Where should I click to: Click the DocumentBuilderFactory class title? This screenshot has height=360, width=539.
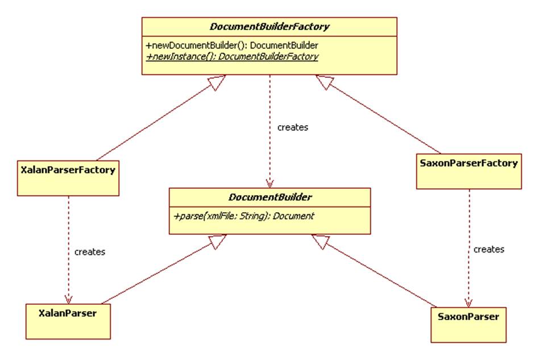269,26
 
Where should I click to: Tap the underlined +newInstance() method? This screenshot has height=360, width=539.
232,56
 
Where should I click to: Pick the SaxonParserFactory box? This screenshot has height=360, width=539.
468,163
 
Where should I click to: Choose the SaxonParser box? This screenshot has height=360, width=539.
468,316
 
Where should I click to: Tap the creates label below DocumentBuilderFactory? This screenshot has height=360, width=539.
292,127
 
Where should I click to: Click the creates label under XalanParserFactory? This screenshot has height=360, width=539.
90,251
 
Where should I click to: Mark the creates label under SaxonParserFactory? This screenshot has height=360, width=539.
489,249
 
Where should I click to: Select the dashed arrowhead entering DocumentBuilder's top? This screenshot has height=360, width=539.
269,183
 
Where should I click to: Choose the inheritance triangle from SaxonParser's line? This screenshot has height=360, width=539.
319,242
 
